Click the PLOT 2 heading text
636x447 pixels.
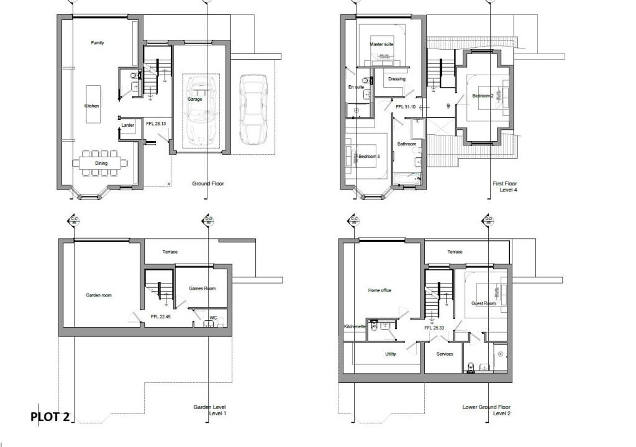tap(50, 417)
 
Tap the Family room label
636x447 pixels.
tap(98, 43)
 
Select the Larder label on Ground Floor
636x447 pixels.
tap(128, 125)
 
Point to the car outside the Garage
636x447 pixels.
tap(253, 108)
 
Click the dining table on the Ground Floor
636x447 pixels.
tap(101, 163)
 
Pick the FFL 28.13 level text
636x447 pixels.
tap(156, 124)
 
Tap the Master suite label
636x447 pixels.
tap(381, 45)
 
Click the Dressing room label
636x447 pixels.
tap(396, 79)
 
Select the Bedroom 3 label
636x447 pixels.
tap(369, 156)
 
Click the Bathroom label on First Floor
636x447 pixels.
tap(407, 144)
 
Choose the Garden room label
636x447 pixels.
tap(99, 295)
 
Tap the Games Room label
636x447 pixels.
tap(202, 288)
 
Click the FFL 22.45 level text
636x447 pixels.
tap(160, 317)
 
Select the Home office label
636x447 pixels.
tap(379, 290)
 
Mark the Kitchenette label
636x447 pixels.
tap(355, 326)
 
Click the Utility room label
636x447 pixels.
tap(390, 354)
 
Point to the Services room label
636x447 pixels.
tap(445, 354)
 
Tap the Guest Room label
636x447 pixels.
tap(484, 303)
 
